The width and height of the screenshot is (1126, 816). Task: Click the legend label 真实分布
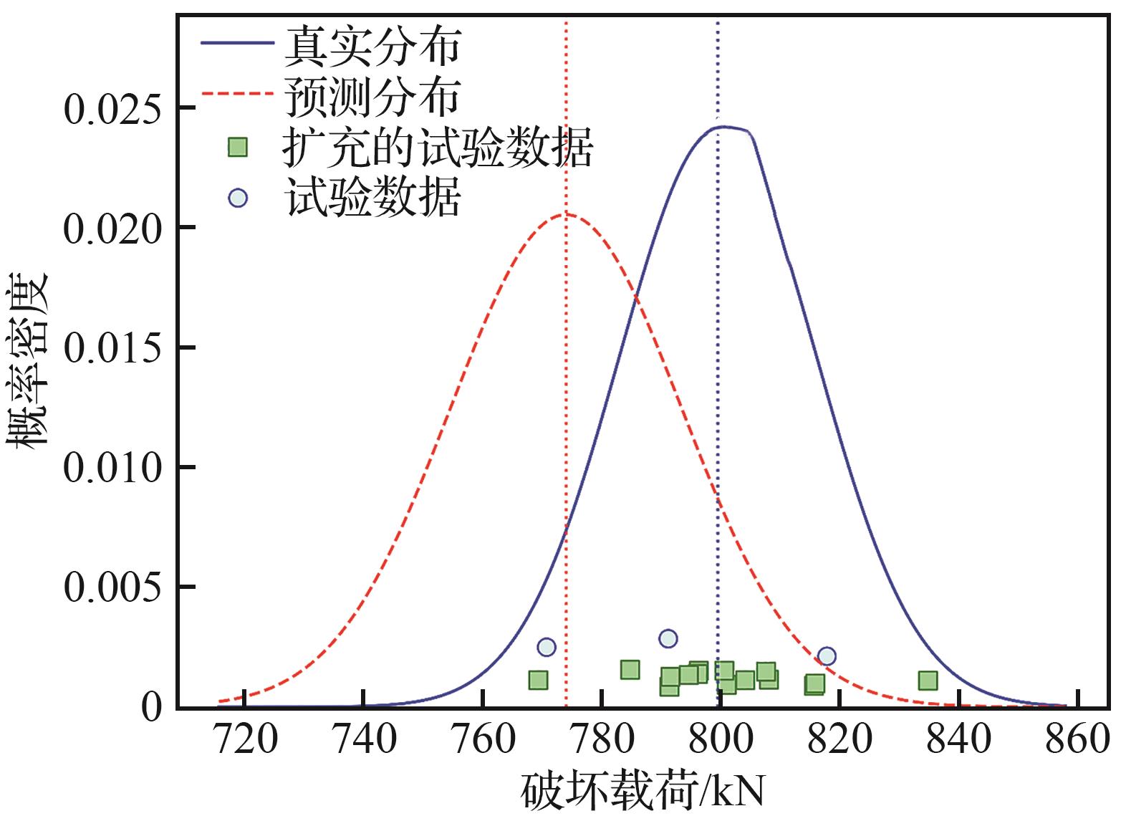tap(372, 45)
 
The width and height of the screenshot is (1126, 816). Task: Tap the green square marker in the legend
tap(237, 148)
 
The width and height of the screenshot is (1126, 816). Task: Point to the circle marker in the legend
tap(237, 198)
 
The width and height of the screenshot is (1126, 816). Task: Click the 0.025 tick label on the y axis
tap(111, 110)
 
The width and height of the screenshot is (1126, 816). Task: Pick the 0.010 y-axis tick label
tap(111, 469)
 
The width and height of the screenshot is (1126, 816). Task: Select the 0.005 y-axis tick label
tap(111, 588)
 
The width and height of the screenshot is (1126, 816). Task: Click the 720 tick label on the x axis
tap(245, 739)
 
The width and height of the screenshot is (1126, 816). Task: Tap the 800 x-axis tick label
tap(721, 739)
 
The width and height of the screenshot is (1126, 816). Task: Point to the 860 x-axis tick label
tap(1077, 739)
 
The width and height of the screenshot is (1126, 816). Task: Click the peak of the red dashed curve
tap(567, 213)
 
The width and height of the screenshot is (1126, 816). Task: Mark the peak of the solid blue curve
tap(723, 127)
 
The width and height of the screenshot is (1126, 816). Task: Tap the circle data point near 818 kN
tap(827, 656)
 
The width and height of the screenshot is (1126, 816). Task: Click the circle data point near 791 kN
tap(668, 638)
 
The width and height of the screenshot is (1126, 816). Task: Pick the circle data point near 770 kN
tap(546, 647)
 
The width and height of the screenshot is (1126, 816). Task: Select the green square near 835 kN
tap(928, 680)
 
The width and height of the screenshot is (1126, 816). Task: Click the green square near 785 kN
tap(630, 670)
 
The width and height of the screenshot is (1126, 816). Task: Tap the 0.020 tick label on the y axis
tap(111, 229)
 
